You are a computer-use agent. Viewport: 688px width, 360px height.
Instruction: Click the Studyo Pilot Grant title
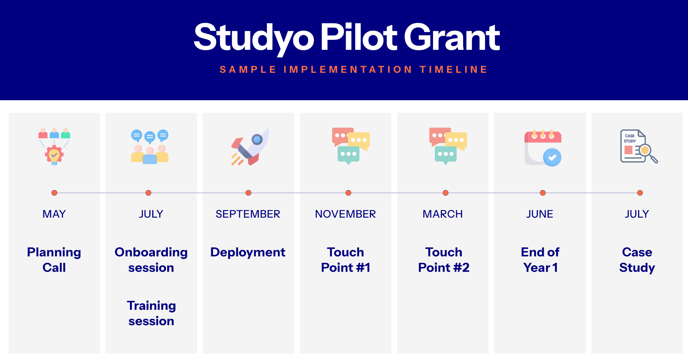(347, 38)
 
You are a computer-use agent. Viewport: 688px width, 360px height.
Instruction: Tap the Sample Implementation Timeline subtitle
(354, 69)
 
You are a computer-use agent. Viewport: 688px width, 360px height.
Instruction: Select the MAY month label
(54, 214)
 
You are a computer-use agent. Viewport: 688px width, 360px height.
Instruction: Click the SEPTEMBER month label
(248, 214)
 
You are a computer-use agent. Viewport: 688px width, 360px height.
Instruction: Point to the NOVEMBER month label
(345, 214)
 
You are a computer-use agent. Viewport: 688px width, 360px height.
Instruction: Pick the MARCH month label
(443, 214)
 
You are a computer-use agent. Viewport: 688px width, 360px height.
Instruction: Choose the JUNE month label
(540, 214)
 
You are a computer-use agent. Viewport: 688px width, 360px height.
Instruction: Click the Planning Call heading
(54, 260)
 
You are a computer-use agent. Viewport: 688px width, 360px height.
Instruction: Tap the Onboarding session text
(151, 260)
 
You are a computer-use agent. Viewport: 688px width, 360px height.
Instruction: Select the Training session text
(151, 313)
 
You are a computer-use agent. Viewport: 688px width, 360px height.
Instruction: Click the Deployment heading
(248, 252)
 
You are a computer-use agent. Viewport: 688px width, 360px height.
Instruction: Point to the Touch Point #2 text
(444, 260)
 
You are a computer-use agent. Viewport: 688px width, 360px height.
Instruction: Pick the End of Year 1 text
(540, 260)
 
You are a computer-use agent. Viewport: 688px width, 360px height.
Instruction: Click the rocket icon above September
(250, 147)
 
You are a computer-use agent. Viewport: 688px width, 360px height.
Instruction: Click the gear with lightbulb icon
(54, 155)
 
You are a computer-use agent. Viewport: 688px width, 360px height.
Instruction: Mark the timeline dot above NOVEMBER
(348, 193)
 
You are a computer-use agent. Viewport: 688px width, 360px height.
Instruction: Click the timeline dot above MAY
(54, 193)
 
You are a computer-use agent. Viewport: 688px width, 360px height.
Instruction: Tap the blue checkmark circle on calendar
(552, 157)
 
